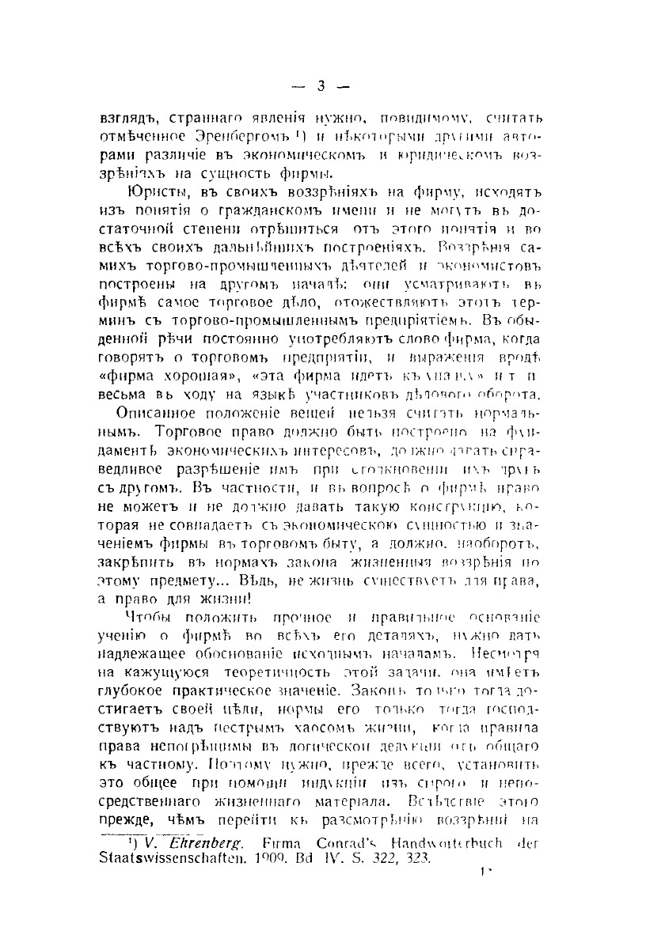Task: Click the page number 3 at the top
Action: click(x=321, y=86)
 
